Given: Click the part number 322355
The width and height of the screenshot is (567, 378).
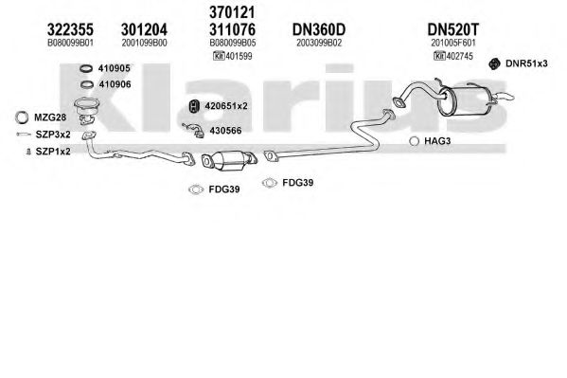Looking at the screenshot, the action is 70,29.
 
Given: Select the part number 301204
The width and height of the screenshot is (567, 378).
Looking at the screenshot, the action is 144,29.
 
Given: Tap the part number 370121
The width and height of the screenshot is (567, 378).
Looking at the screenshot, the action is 232,12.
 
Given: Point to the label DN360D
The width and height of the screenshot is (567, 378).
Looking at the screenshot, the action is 319,29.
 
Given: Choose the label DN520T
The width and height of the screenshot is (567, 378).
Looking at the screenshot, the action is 452,29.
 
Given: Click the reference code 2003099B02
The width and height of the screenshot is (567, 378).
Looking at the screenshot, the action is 319,43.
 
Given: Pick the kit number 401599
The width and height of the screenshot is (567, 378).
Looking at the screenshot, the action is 239,56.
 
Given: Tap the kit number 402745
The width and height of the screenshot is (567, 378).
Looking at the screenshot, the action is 460,56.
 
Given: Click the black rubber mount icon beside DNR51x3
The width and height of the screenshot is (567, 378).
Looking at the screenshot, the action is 494,63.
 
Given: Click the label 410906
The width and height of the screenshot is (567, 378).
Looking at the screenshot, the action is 115,84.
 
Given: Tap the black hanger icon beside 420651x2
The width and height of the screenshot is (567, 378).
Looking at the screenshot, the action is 195,106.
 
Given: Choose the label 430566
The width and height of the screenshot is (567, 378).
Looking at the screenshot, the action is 225,131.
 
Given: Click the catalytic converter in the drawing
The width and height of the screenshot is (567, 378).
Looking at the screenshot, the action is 229,160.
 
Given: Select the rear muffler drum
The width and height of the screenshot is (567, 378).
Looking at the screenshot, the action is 464,101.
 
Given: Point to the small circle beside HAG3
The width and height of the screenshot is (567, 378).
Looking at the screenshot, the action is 414,141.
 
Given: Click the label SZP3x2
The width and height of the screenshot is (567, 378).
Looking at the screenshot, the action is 53,135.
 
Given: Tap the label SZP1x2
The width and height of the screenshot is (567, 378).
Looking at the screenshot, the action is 53,152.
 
